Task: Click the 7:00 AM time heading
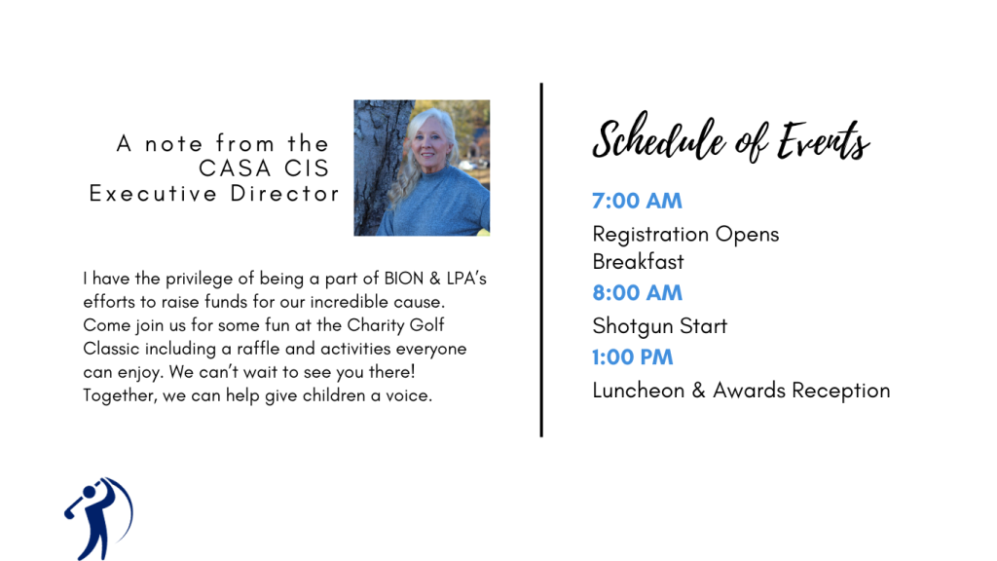click(x=637, y=201)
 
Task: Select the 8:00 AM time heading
click(x=637, y=292)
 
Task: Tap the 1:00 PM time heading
click(x=632, y=356)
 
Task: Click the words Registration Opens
click(x=685, y=235)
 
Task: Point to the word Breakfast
click(x=638, y=261)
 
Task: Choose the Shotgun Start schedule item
click(x=659, y=326)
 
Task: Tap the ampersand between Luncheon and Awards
click(x=699, y=390)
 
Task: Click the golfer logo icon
click(x=99, y=518)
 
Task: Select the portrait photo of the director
click(x=422, y=168)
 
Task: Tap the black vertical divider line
click(x=541, y=259)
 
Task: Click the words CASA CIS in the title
click(x=264, y=168)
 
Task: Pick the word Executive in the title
click(x=153, y=194)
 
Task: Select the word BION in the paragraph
click(x=404, y=279)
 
